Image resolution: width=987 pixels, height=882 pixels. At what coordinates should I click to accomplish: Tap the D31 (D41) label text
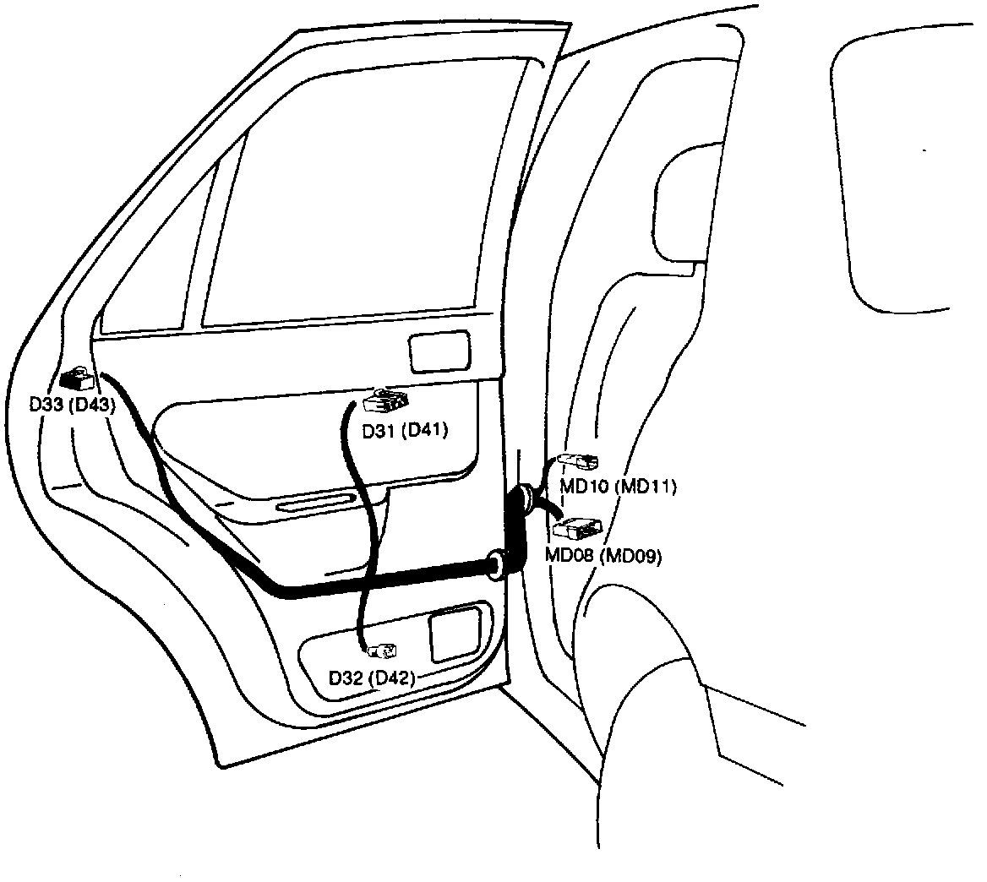pyautogui.click(x=404, y=431)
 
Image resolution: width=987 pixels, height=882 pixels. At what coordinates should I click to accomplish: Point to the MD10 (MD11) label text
pyautogui.click(x=619, y=487)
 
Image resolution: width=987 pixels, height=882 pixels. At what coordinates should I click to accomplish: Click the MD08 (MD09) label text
pyautogui.click(x=603, y=555)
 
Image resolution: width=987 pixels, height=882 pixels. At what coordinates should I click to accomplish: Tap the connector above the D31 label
pyautogui.click(x=387, y=400)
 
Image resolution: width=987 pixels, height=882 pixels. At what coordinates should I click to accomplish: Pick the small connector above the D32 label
pyautogui.click(x=384, y=651)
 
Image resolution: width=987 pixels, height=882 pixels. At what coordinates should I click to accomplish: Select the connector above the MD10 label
pyautogui.click(x=583, y=461)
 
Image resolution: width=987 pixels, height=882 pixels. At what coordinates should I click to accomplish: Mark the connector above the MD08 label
pyautogui.click(x=578, y=528)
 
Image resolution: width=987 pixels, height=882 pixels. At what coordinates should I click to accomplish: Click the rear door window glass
pyautogui.click(x=363, y=194)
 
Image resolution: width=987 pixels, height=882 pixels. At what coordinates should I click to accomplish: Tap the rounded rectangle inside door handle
pyautogui.click(x=439, y=351)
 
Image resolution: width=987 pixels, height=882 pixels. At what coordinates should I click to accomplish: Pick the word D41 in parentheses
pyautogui.click(x=424, y=431)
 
